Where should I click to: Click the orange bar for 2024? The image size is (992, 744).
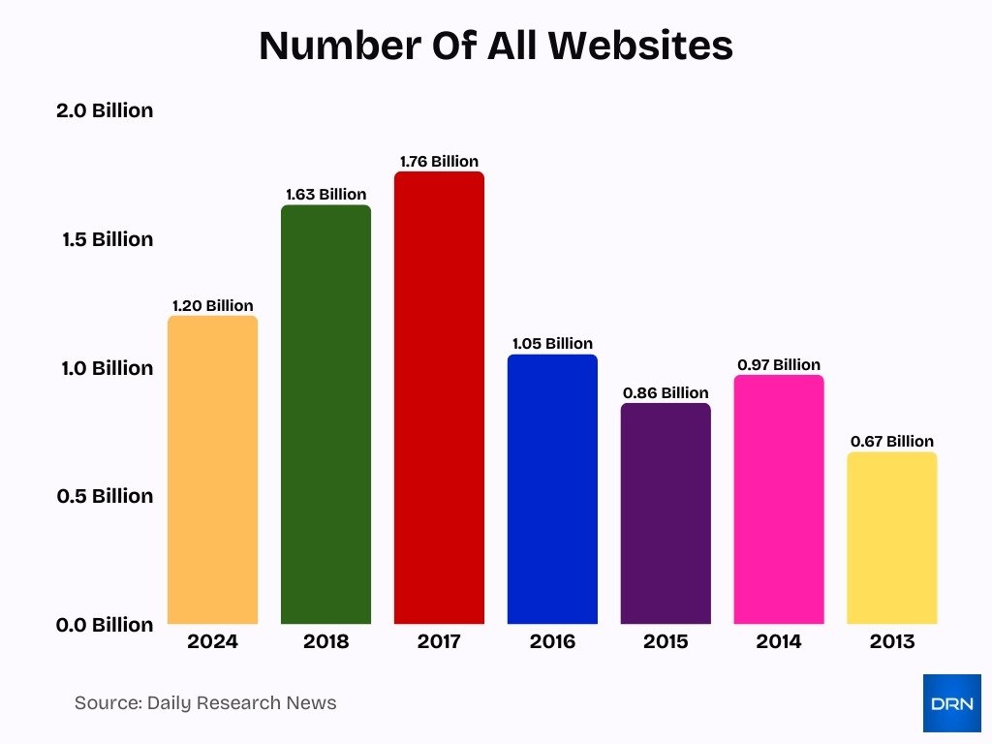pyautogui.click(x=212, y=470)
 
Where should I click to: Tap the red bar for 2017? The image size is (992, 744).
pyautogui.click(x=439, y=398)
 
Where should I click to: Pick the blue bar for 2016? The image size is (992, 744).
pyautogui.click(x=552, y=489)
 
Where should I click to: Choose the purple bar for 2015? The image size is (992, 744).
pyautogui.click(x=666, y=513)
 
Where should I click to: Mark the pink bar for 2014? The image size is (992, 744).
pyautogui.click(x=779, y=500)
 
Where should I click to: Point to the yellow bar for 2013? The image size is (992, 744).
pyautogui.click(x=891, y=538)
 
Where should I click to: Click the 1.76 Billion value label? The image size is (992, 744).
pyautogui.click(x=439, y=161)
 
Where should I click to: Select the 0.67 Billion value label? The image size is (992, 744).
pyautogui.click(x=891, y=441)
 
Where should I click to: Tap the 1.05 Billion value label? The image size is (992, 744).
pyautogui.click(x=552, y=343)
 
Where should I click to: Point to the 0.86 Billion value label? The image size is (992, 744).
pyautogui.click(x=666, y=392)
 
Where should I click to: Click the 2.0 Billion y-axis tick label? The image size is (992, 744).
pyautogui.click(x=105, y=110)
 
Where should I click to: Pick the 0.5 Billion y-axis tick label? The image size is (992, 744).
pyautogui.click(x=105, y=496)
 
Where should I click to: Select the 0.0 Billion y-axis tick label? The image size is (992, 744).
pyautogui.click(x=105, y=625)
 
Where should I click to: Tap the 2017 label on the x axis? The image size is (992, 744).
pyautogui.click(x=439, y=641)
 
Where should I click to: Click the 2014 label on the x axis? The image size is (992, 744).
pyautogui.click(x=779, y=641)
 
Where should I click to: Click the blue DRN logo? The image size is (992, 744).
pyautogui.click(x=951, y=703)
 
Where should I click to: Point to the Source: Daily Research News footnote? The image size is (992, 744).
pyautogui.click(x=205, y=703)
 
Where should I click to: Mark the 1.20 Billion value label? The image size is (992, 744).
pyautogui.click(x=212, y=305)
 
